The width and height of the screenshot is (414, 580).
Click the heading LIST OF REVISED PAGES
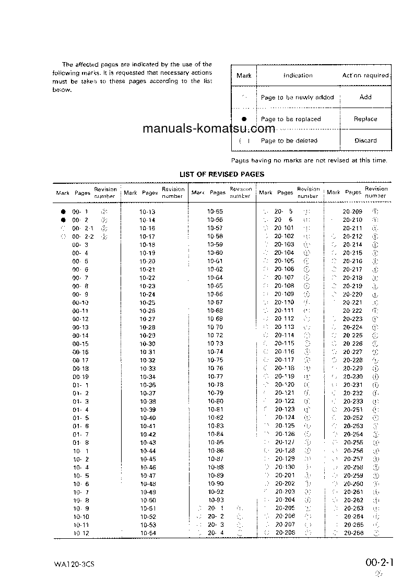click(x=222, y=174)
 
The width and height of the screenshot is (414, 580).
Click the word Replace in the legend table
click(x=365, y=119)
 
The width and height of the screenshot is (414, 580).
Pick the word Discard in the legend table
click(x=365, y=140)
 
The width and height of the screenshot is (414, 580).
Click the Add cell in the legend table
click(x=365, y=97)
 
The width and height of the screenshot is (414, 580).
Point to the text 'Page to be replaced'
click(x=291, y=119)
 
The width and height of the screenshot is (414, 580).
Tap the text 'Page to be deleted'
click(x=289, y=141)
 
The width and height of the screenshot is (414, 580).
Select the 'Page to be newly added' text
click(x=297, y=98)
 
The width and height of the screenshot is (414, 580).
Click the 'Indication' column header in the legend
click(x=298, y=76)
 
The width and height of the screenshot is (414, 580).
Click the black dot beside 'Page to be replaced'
click(x=244, y=119)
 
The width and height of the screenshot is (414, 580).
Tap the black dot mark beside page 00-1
click(x=63, y=212)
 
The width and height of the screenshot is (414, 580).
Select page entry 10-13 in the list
click(x=147, y=212)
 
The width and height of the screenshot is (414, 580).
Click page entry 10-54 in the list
click(x=148, y=533)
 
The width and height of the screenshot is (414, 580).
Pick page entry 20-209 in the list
click(x=352, y=211)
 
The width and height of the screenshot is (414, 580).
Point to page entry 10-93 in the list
click(x=216, y=500)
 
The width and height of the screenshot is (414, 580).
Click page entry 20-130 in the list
click(x=285, y=467)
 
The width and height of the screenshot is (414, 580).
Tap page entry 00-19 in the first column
click(x=80, y=376)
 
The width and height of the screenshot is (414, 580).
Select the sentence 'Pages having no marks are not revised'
click(x=309, y=161)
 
